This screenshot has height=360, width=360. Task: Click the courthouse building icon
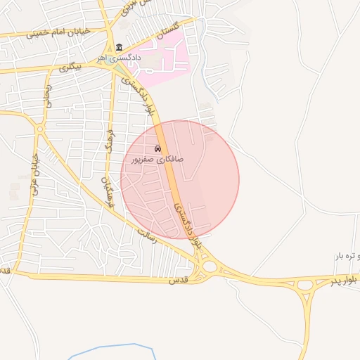point(118,47)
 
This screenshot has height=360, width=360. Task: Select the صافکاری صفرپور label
point(157,160)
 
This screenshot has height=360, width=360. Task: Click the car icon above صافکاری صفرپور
point(158,149)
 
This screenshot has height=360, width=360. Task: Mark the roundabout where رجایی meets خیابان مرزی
point(40,129)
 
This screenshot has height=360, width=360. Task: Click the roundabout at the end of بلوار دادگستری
point(209,266)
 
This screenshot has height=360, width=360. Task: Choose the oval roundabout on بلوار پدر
point(305,285)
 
